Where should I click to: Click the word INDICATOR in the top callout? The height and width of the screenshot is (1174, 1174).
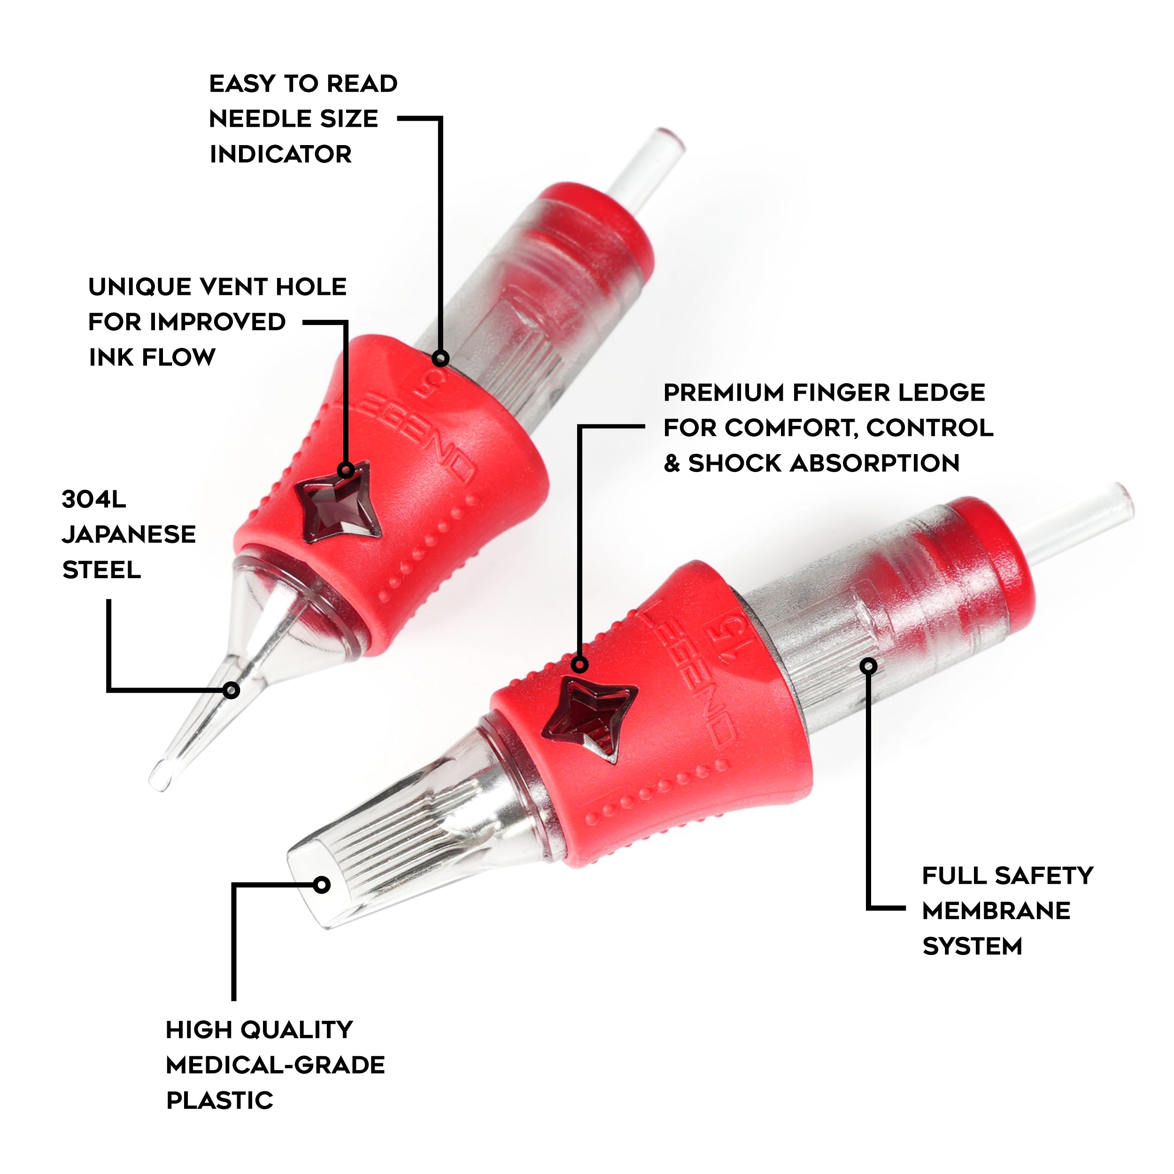(281, 154)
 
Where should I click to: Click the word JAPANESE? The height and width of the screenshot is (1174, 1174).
(129, 535)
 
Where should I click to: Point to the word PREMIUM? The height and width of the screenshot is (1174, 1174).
(723, 393)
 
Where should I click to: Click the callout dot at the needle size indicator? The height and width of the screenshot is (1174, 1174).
(441, 358)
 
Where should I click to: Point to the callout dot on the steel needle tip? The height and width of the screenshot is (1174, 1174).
(231, 690)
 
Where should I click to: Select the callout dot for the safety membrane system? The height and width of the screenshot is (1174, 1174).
(870, 666)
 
